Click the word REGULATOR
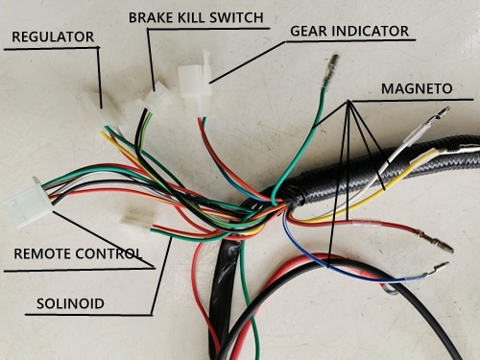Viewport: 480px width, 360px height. point(53,37)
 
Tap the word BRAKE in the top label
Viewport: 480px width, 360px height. point(150,18)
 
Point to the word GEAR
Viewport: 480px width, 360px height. point(313,31)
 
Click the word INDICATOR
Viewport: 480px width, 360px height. point(374,31)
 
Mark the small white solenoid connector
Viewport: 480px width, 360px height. point(137,222)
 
